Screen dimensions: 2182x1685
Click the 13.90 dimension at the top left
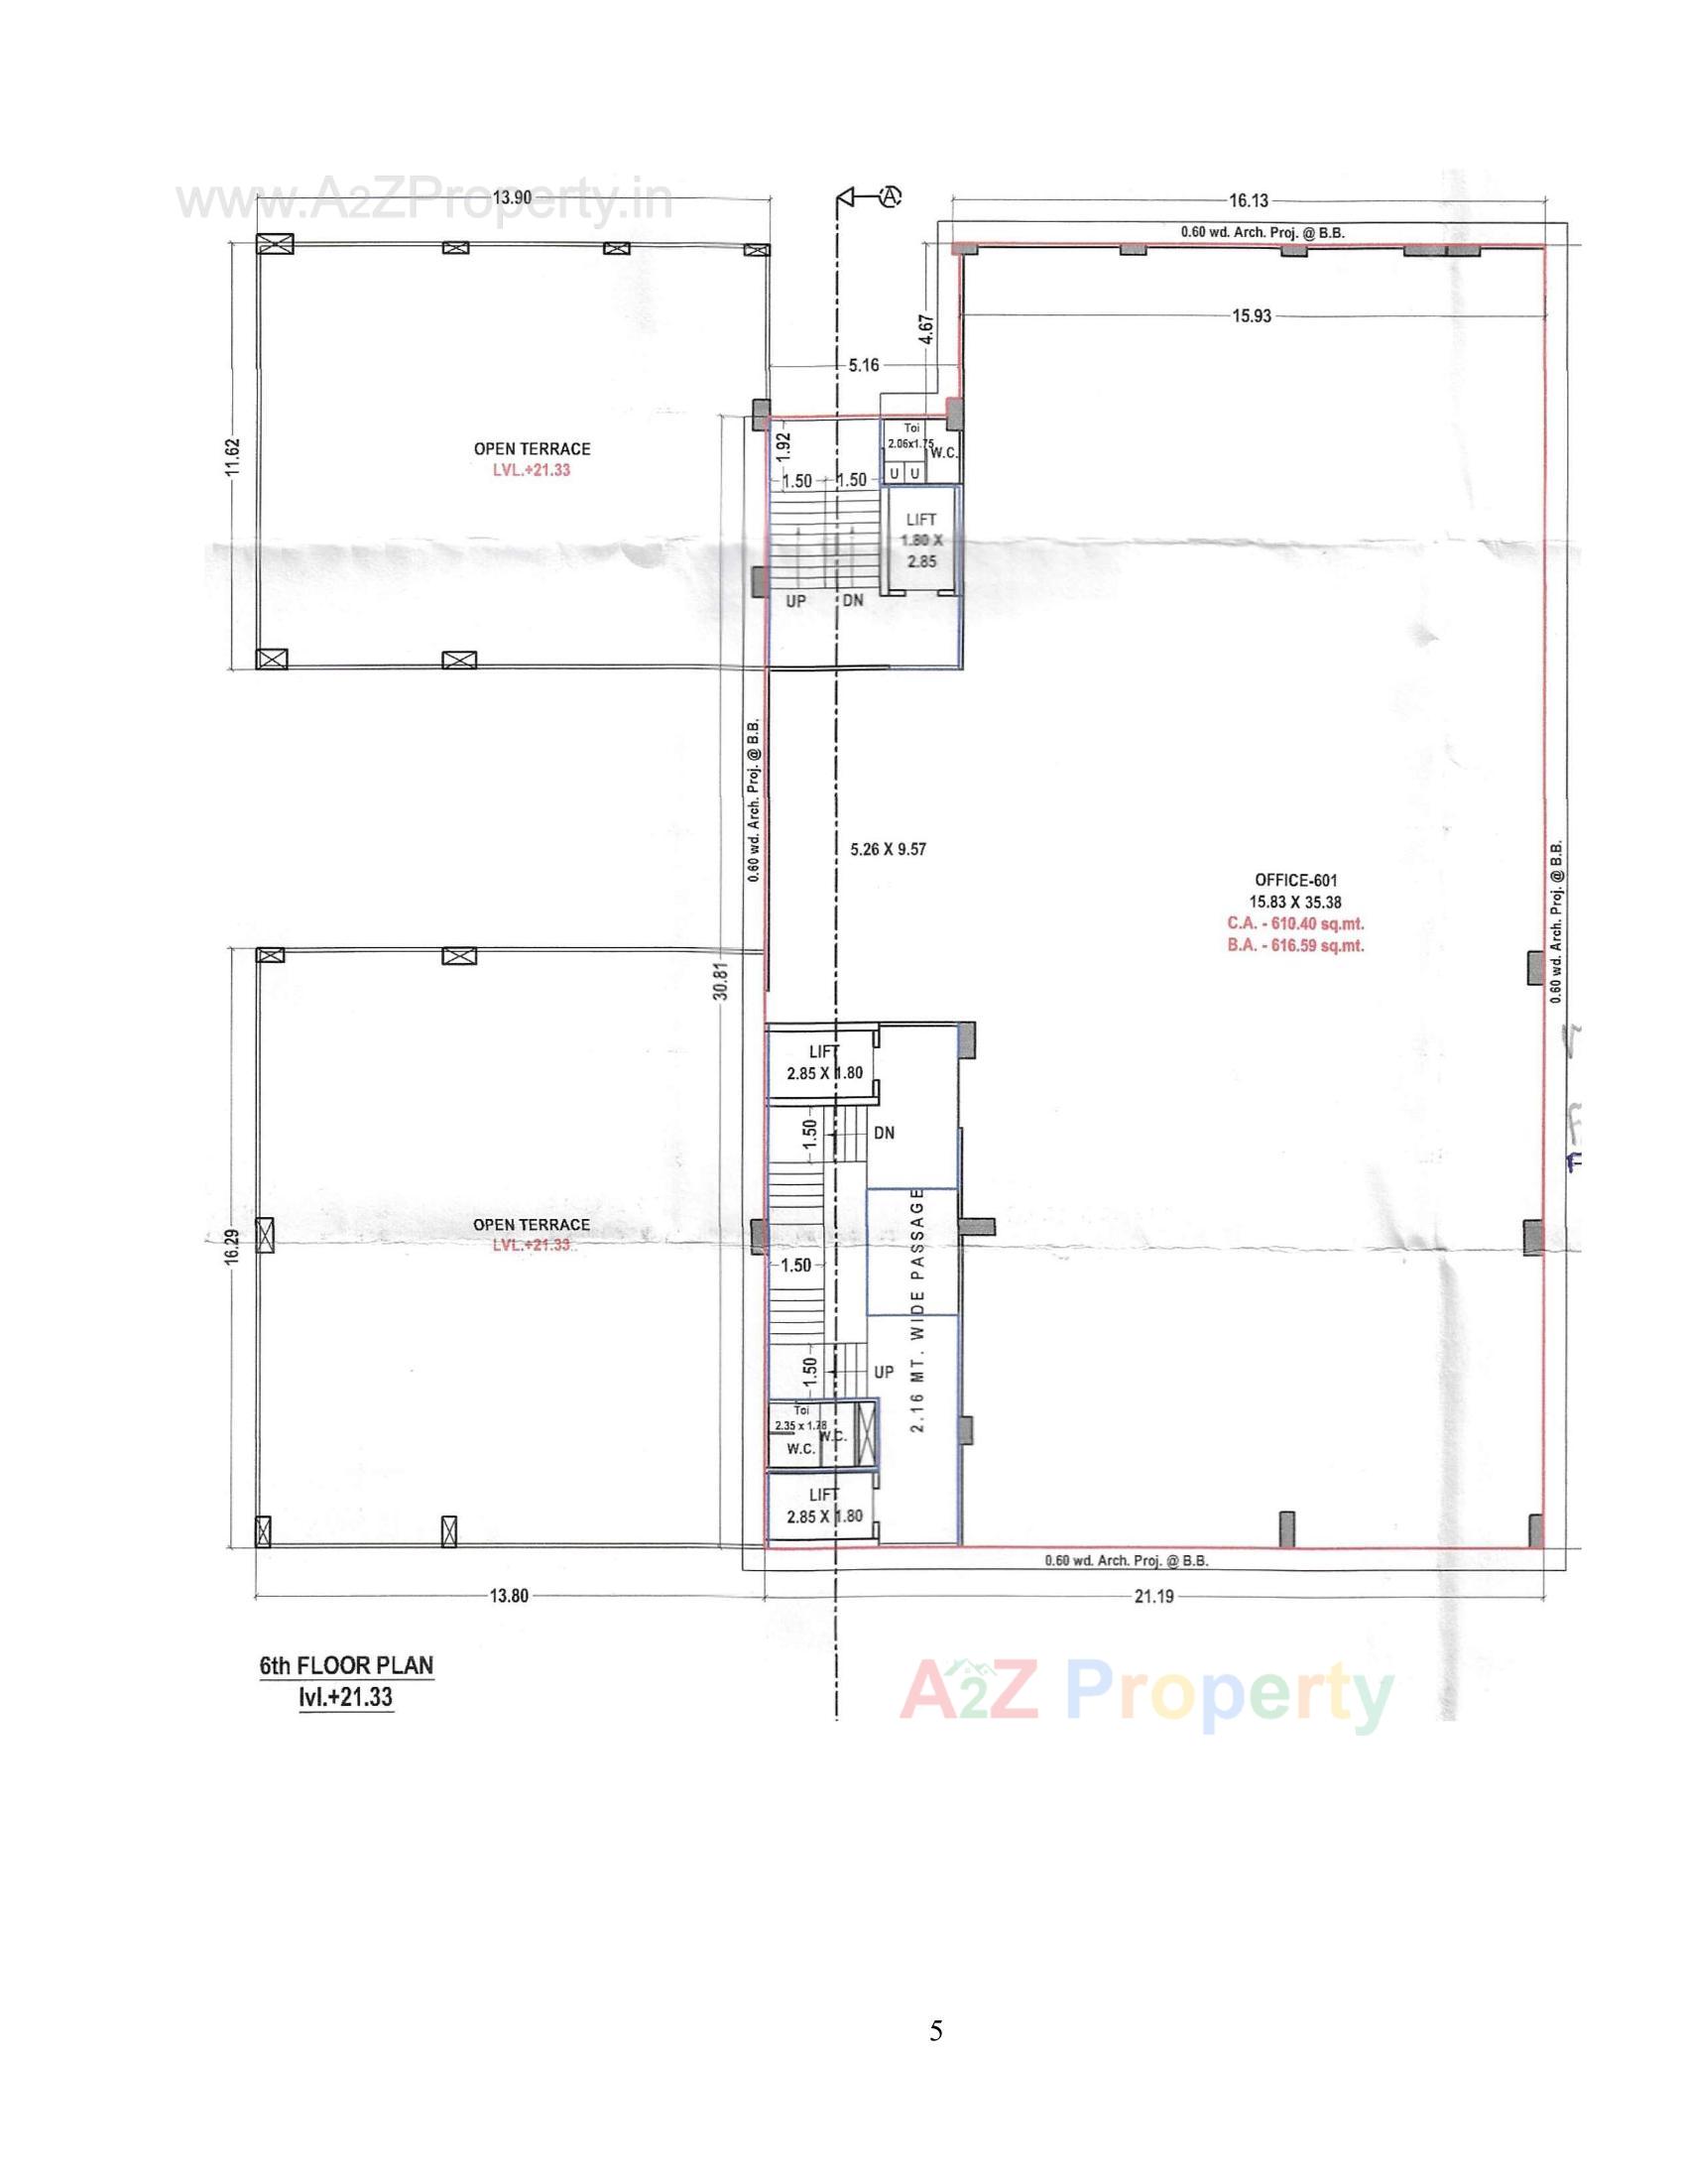coord(513,197)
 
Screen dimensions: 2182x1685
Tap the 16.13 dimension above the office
coord(1249,200)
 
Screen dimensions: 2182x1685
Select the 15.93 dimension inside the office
coord(1252,316)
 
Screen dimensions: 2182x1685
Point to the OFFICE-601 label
coord(1295,880)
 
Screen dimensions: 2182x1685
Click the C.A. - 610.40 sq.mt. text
coord(1295,924)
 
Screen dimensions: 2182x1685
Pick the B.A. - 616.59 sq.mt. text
coord(1295,946)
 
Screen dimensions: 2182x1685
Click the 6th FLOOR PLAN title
coord(346,1665)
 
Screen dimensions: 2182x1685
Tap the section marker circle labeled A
coord(890,196)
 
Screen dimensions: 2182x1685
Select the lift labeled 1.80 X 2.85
coord(921,541)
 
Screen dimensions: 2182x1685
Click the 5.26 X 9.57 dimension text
coord(888,850)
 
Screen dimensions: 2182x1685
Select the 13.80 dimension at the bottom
coord(509,1597)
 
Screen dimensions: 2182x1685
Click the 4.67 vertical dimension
coord(926,330)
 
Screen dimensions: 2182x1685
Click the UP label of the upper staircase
coord(796,602)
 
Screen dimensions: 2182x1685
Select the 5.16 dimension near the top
coord(863,366)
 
